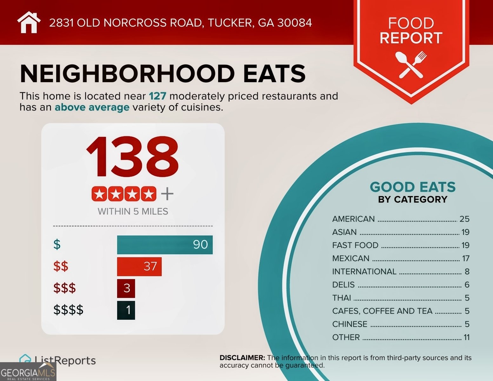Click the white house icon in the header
click(x=29, y=22)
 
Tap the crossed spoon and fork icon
click(x=411, y=65)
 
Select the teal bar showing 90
click(x=165, y=244)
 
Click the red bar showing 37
click(x=139, y=266)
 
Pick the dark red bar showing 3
click(x=126, y=288)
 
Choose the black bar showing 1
click(x=126, y=310)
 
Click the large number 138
click(x=132, y=156)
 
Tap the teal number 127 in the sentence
click(x=157, y=96)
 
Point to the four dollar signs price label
click(x=68, y=310)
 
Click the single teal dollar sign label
click(x=57, y=244)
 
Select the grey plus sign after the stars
click(x=167, y=194)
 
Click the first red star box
click(x=99, y=194)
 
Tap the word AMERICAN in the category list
click(x=353, y=219)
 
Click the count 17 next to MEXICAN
click(x=466, y=258)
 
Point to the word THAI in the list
click(x=342, y=298)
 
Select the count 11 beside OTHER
click(x=466, y=337)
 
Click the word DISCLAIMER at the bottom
click(x=242, y=358)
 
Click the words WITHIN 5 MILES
click(x=133, y=211)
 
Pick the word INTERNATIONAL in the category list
click(x=364, y=272)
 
